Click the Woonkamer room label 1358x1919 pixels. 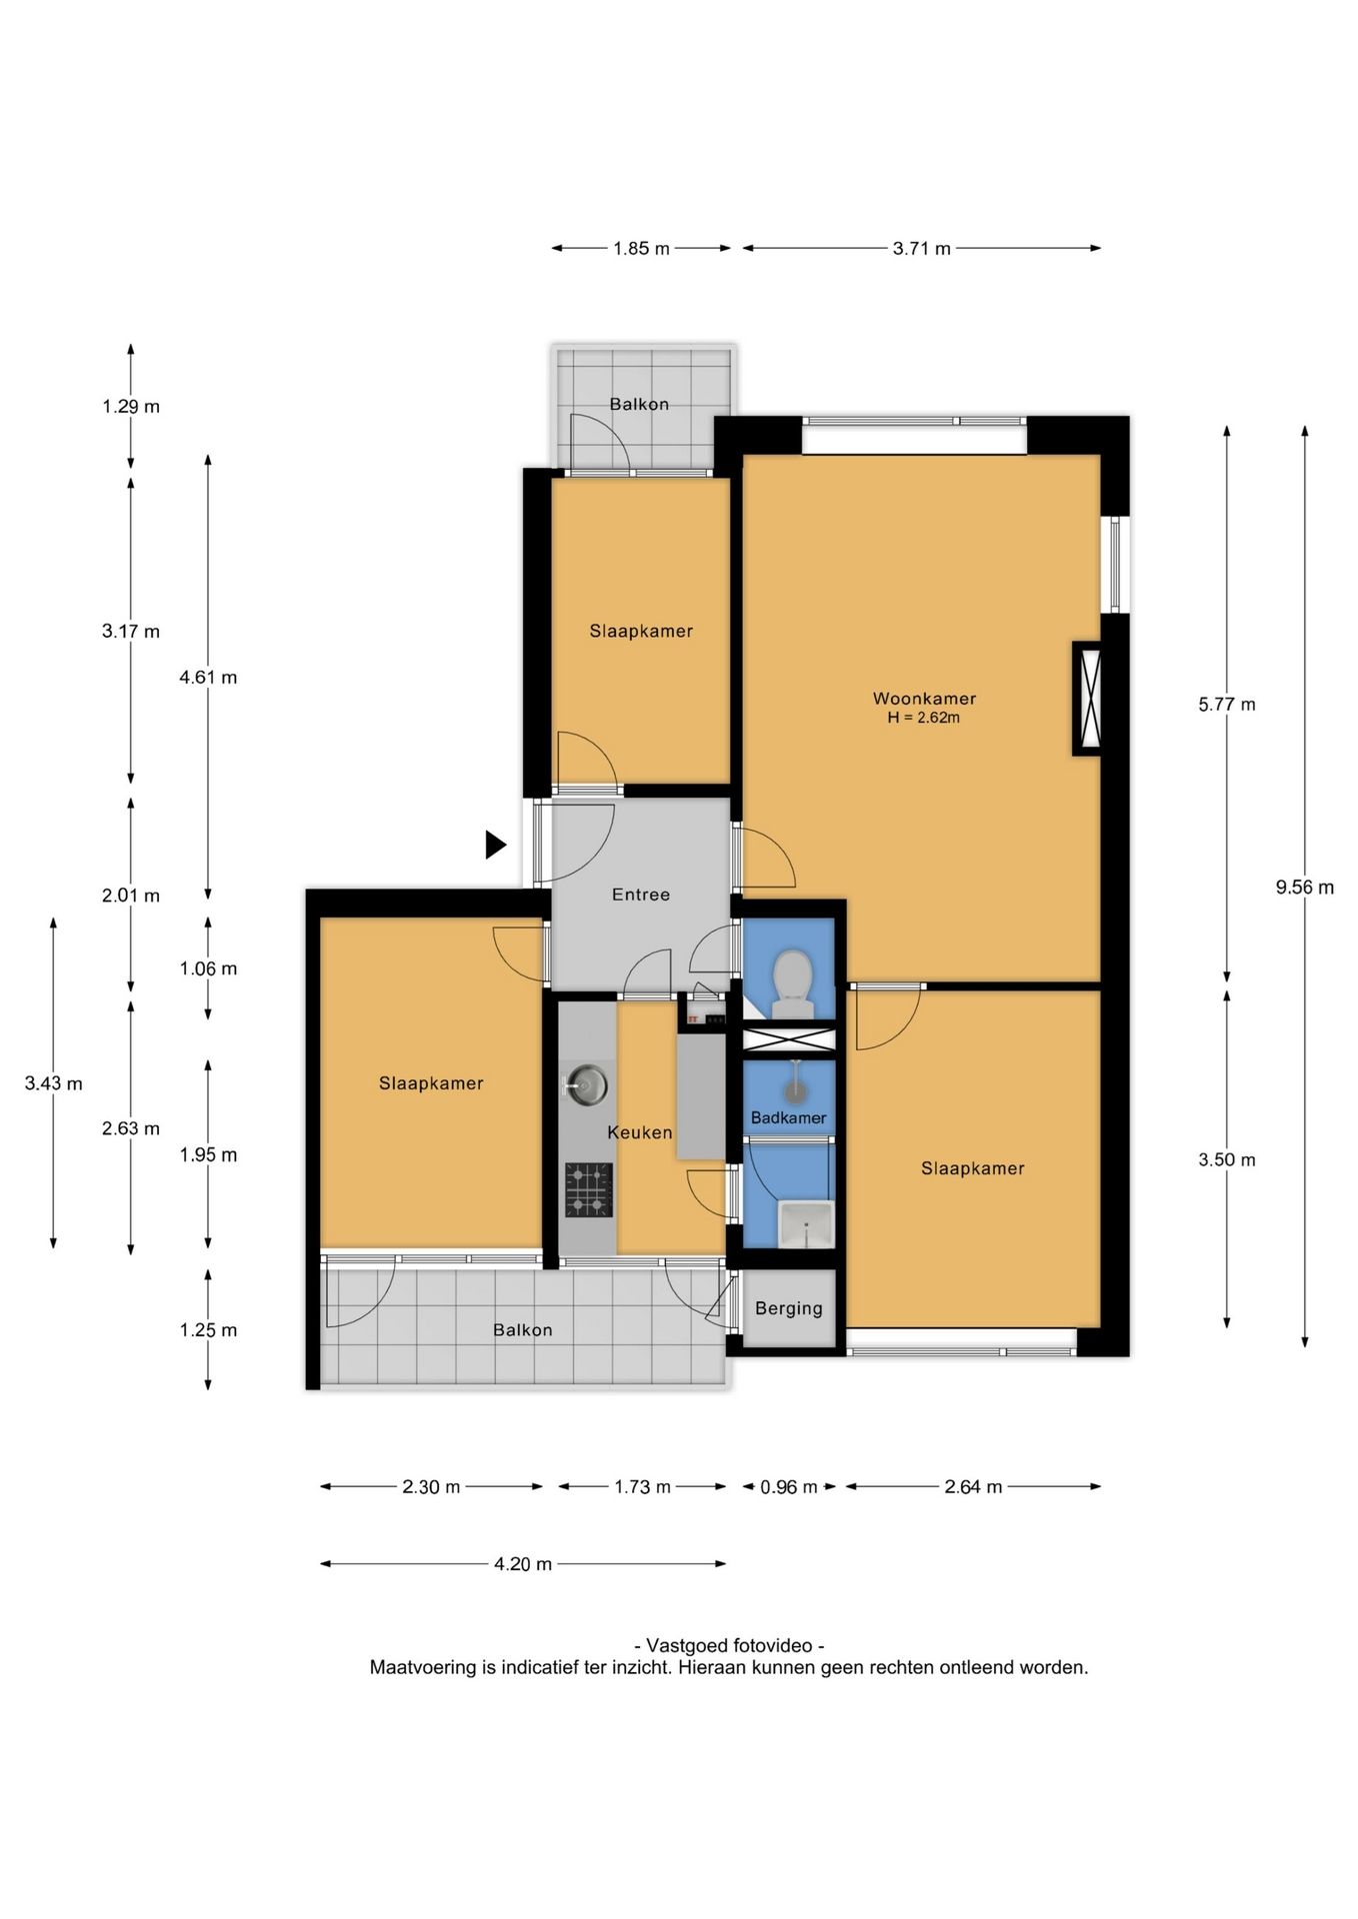coord(924,699)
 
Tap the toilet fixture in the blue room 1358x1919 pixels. coord(793,983)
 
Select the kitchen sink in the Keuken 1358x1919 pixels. coord(586,1085)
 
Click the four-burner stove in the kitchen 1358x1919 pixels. coord(588,1189)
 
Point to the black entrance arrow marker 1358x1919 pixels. coord(495,845)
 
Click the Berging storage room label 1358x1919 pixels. coord(789,1308)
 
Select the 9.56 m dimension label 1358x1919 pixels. coord(1304,887)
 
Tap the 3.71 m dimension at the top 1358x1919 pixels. coord(921,249)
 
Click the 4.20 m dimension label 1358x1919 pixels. coord(523,1564)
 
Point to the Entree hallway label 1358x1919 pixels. coord(641,895)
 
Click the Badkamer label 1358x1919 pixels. coord(789,1117)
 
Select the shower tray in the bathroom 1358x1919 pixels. coord(806,1225)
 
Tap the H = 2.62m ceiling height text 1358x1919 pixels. coord(924,718)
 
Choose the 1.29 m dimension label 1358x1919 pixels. coord(131,407)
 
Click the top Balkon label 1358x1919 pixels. coord(640,404)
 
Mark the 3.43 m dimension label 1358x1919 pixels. coord(54,1083)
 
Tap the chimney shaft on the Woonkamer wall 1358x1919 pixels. coord(1087,698)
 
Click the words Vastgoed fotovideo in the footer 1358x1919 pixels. coord(729,1646)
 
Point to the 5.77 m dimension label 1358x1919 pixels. coord(1227,705)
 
